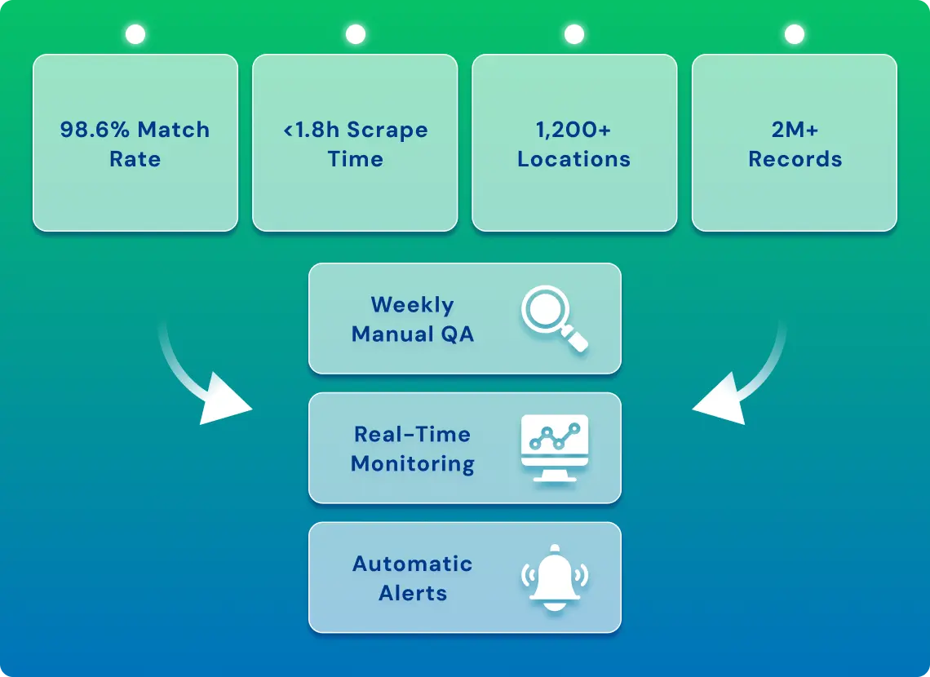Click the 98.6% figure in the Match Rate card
pyautogui.click(x=95, y=130)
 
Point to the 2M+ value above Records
pyautogui.click(x=795, y=130)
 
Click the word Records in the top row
pyautogui.click(x=795, y=159)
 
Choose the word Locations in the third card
pyautogui.click(x=573, y=159)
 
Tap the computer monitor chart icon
pyautogui.click(x=555, y=448)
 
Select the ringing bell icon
pyautogui.click(x=555, y=577)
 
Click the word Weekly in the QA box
pyautogui.click(x=412, y=305)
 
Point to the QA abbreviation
pyautogui.click(x=458, y=335)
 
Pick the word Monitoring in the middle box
pyautogui.click(x=413, y=464)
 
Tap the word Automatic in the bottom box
pyautogui.click(x=413, y=564)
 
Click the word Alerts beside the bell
pyautogui.click(x=413, y=593)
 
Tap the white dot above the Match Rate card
pyautogui.click(x=135, y=34)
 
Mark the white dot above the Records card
pyautogui.click(x=795, y=34)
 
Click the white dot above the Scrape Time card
pyautogui.click(x=355, y=34)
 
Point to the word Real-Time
pyautogui.click(x=412, y=435)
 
